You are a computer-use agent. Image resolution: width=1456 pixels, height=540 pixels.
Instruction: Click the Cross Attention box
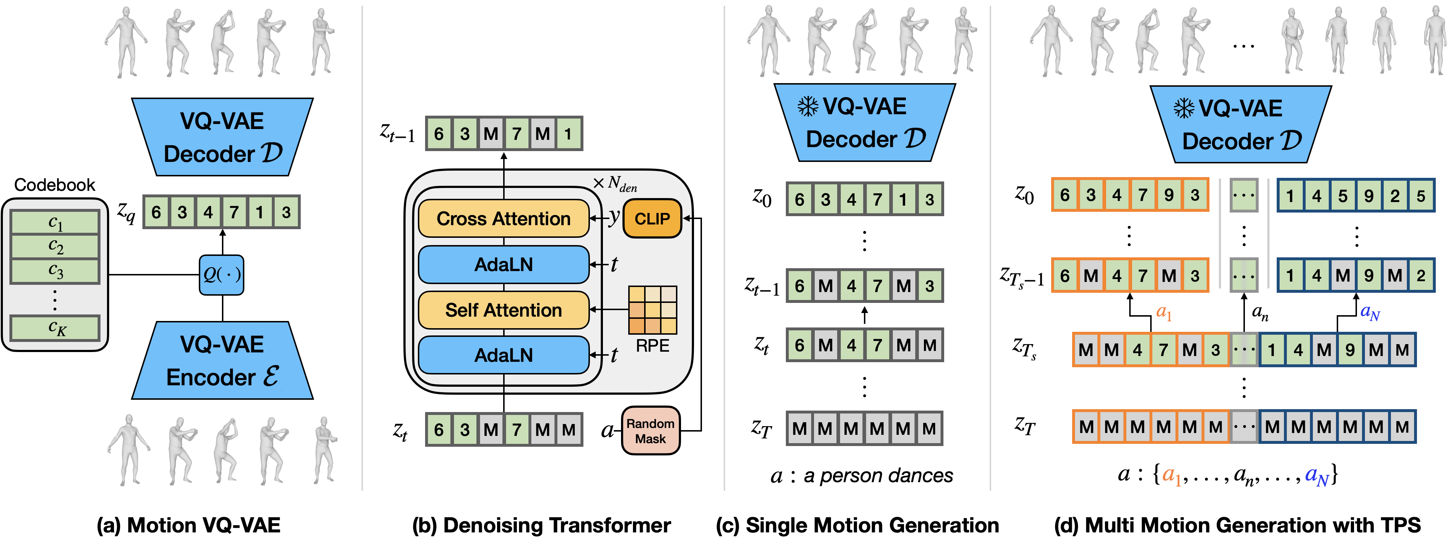pos(503,218)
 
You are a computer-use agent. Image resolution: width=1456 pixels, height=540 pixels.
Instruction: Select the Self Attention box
pos(503,310)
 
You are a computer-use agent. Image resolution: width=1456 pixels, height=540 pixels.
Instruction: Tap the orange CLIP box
pos(652,218)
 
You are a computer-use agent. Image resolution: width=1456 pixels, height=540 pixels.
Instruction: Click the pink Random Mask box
pos(650,431)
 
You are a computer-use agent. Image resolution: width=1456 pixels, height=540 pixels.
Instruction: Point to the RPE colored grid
pos(652,310)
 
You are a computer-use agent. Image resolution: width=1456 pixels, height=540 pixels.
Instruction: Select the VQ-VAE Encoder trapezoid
pos(222,361)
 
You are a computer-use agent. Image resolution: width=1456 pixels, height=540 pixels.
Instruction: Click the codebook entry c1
pos(55,222)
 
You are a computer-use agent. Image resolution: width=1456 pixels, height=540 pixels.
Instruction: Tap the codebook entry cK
pos(55,327)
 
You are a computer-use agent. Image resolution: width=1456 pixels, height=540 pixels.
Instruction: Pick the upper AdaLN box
pos(503,264)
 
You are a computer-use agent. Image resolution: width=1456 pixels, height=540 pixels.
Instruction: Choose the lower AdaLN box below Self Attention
pos(503,355)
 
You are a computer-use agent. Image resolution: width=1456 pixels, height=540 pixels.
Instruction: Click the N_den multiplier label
pos(616,183)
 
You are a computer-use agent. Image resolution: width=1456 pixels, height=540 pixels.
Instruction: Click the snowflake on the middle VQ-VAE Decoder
pos(808,106)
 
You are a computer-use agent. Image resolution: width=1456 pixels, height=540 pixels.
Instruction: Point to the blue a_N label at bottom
pos(1316,476)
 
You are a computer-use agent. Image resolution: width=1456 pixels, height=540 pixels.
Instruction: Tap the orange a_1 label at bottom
pos(1171,476)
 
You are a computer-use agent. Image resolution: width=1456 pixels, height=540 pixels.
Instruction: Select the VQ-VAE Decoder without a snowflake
pos(222,137)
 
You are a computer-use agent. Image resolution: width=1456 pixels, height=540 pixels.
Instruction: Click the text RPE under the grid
pos(652,346)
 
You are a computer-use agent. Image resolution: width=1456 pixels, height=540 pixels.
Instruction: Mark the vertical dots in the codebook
pos(55,300)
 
